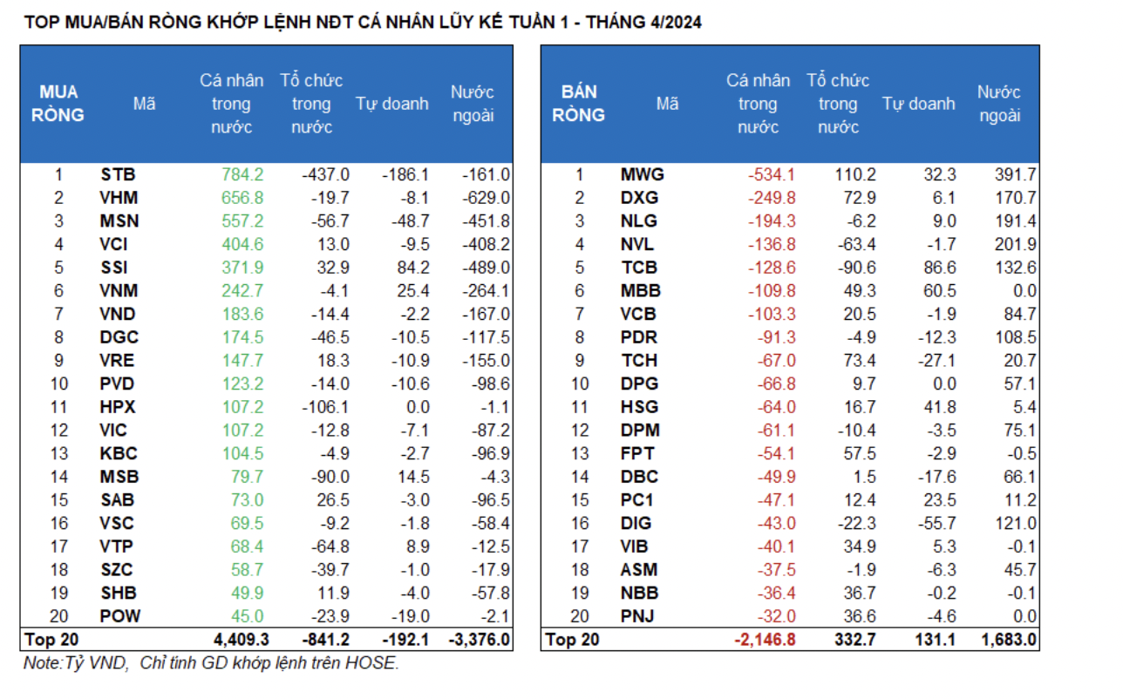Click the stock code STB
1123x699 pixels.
click(118, 174)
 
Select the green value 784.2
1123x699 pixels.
click(242, 174)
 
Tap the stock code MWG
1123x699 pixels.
click(642, 174)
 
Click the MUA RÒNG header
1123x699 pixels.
click(58, 104)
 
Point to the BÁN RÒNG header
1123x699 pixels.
click(578, 104)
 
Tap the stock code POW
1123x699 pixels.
click(119, 616)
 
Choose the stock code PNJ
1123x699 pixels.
click(639, 616)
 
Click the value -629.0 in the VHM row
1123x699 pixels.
click(487, 198)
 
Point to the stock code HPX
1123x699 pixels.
click(119, 407)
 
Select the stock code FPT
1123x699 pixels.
click(637, 453)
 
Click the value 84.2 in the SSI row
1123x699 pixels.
click(410, 268)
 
